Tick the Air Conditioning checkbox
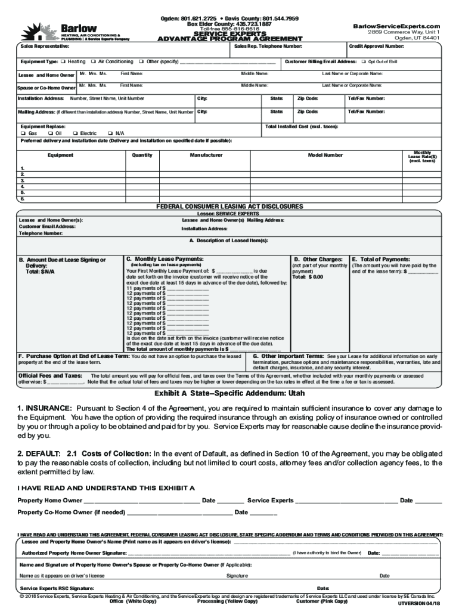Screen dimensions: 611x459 click(x=94, y=61)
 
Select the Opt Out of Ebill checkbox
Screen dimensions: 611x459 click(x=364, y=61)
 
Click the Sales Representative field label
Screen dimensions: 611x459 click(x=45, y=46)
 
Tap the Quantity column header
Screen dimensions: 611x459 click(x=142, y=155)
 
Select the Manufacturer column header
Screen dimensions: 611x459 click(x=206, y=155)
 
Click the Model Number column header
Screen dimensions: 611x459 click(x=325, y=155)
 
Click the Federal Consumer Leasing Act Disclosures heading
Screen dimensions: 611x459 click(x=229, y=206)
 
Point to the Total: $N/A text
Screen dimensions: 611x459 click(x=40, y=271)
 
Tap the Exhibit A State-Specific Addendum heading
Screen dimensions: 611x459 click(x=229, y=394)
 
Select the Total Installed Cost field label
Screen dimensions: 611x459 click(x=302, y=126)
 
